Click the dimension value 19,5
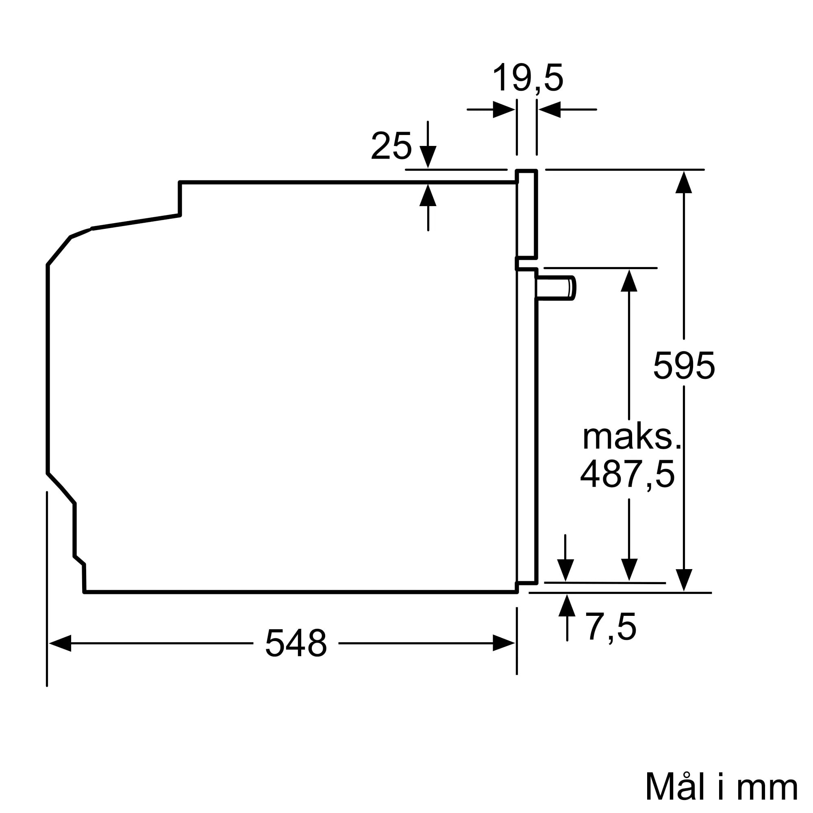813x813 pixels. [x=527, y=78]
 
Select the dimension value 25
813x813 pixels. [x=391, y=146]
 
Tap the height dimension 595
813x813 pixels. [x=684, y=366]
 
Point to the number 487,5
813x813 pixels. [x=627, y=474]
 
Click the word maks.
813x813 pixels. [x=632, y=438]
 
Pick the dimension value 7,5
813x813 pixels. [x=611, y=627]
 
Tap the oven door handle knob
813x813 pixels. [x=555, y=288]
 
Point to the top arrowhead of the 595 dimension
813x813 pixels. [x=684, y=182]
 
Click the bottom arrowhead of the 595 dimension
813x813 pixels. [x=684, y=580]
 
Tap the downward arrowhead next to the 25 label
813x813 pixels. [x=428, y=157]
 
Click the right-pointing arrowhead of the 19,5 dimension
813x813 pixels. [x=504, y=109]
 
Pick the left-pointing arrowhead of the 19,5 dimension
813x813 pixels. [x=550, y=109]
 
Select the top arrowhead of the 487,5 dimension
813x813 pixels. [x=629, y=280]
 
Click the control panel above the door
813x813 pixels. [x=527, y=214]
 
